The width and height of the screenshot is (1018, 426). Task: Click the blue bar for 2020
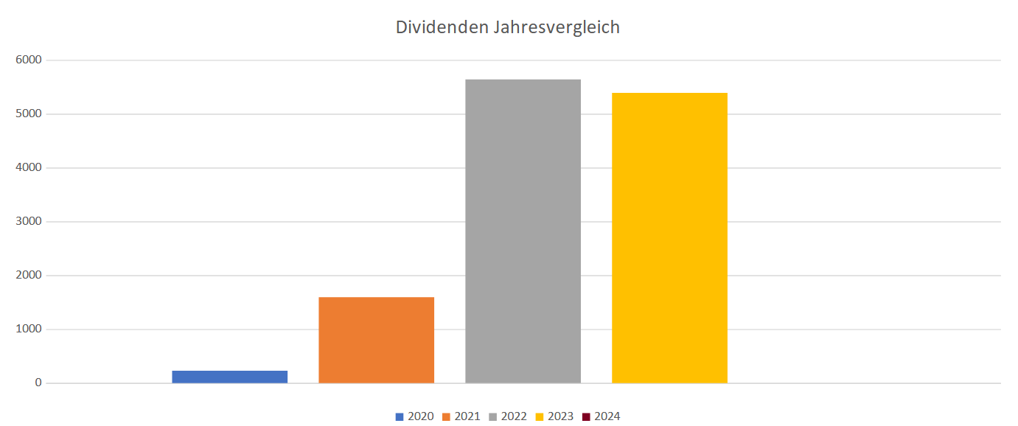coord(229,377)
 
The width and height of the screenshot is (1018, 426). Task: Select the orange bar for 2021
coord(376,340)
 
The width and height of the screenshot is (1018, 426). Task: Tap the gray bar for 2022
coord(523,231)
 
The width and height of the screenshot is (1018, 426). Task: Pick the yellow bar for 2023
coord(669,237)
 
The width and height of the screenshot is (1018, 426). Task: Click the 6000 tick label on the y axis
coord(29,60)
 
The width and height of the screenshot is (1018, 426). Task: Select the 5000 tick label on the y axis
coord(29,114)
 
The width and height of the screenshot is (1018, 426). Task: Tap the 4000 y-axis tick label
coord(29,168)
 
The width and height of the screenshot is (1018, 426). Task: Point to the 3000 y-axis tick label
coord(29,222)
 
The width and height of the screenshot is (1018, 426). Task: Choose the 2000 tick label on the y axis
coord(29,276)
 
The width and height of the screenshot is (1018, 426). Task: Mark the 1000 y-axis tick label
coord(29,329)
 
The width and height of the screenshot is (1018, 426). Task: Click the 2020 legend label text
coord(421,416)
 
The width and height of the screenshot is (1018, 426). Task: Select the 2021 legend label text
coord(467,416)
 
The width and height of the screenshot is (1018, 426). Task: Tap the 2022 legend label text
coord(514,416)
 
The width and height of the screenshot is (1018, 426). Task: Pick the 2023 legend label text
coord(560,416)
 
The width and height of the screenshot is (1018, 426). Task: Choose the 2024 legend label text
coord(607,416)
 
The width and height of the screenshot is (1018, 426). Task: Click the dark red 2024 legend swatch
coord(586,417)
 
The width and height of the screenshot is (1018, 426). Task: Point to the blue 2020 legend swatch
coord(400,417)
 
